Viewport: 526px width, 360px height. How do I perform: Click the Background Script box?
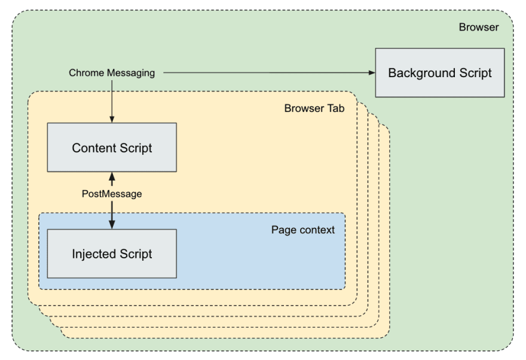tap(439, 73)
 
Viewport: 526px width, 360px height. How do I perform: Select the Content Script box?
tap(112, 148)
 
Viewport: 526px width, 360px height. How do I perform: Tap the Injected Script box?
tap(112, 254)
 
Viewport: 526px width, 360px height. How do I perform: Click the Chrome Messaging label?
tap(112, 73)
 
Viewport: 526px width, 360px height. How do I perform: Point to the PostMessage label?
tap(112, 194)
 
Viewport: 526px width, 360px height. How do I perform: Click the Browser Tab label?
tap(314, 108)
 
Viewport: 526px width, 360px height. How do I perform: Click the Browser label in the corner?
tap(478, 28)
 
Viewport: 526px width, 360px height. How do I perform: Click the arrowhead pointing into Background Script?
tap(371, 73)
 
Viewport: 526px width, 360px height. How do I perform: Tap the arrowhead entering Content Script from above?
tap(112, 120)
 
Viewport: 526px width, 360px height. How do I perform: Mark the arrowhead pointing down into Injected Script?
tap(112, 224)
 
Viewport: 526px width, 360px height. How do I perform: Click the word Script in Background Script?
tap(472, 73)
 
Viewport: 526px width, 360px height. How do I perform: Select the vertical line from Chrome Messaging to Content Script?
tap(112, 99)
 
